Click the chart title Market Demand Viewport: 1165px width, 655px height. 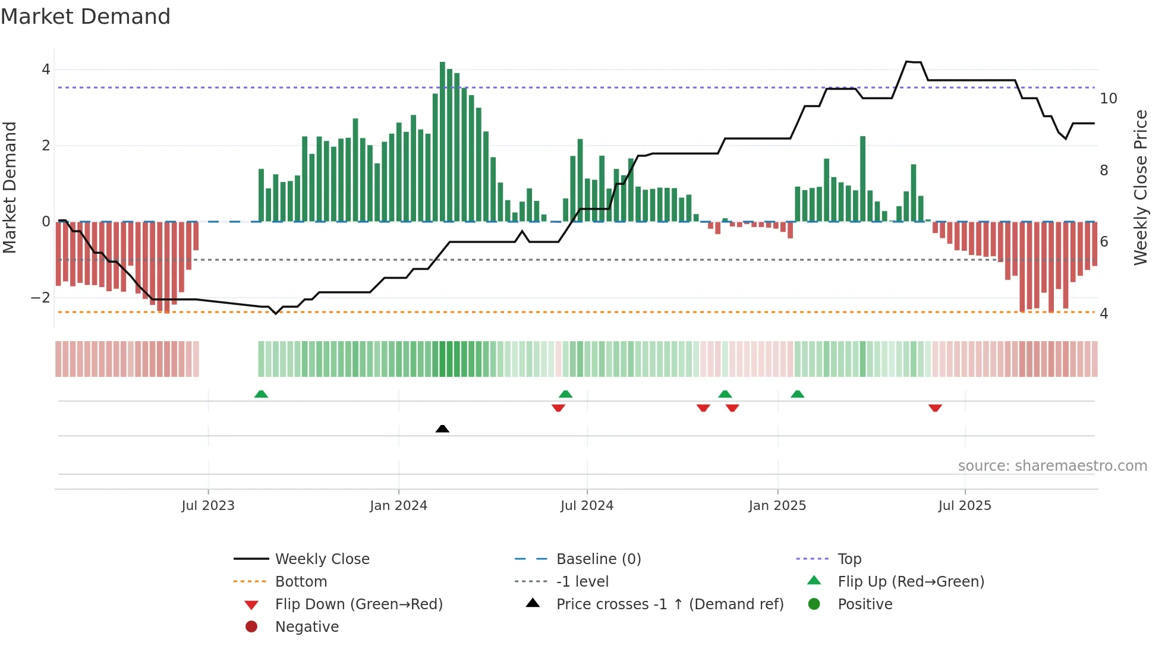click(86, 17)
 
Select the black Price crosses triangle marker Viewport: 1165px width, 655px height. click(442, 429)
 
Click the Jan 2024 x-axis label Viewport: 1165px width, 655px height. click(398, 506)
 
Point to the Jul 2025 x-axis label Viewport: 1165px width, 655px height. click(965, 506)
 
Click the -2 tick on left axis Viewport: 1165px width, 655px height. click(41, 298)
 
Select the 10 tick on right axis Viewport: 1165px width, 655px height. click(1109, 99)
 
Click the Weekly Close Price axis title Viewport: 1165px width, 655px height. click(1140, 187)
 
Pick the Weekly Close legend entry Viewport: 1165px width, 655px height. click(322, 559)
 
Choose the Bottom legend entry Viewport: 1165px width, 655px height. click(301, 582)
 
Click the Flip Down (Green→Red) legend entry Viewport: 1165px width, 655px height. click(358, 604)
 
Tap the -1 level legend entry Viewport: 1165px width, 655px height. click(582, 582)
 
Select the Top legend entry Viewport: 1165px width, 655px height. click(849, 559)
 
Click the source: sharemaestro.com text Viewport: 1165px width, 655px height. click(1052, 466)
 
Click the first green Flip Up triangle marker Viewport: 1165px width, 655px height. click(261, 394)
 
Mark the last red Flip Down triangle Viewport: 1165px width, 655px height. click(935, 408)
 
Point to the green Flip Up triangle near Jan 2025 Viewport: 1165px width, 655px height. click(798, 394)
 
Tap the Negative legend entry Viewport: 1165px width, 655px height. click(307, 627)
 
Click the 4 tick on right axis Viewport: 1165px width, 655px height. click(1104, 314)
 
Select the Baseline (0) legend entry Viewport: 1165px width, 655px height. click(598, 559)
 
